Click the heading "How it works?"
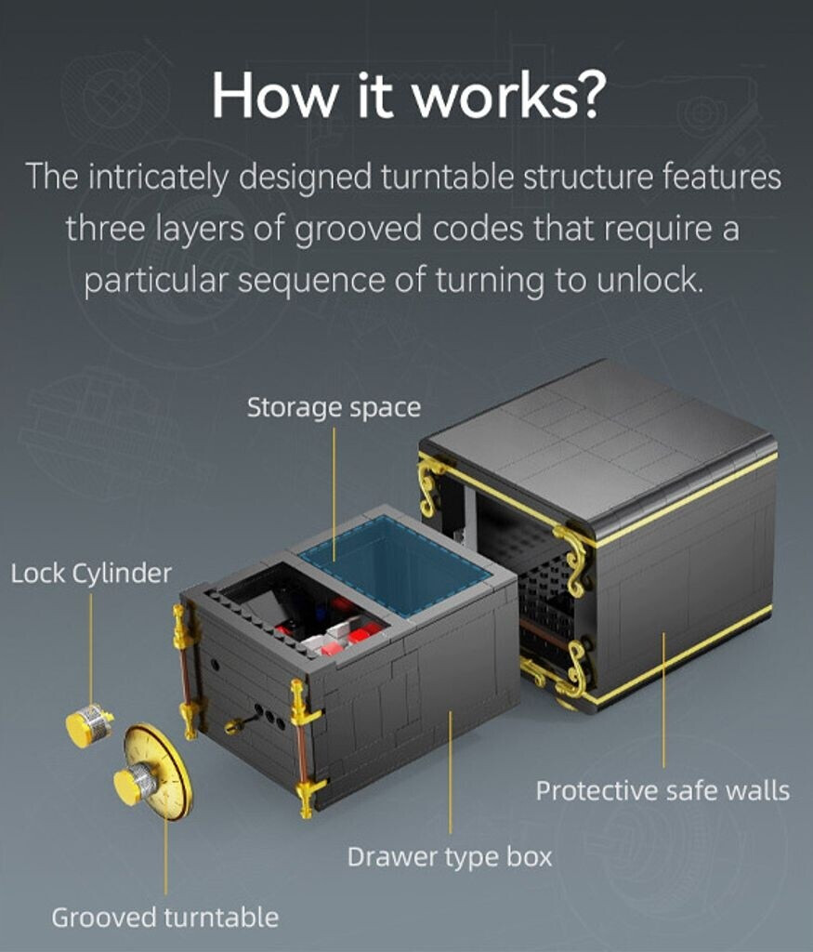click(408, 96)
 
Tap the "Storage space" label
click(334, 407)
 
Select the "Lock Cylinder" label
click(91, 573)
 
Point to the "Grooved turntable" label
click(165, 918)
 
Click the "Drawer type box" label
click(450, 857)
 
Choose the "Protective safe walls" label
click(662, 790)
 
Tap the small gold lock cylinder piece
click(88, 724)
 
